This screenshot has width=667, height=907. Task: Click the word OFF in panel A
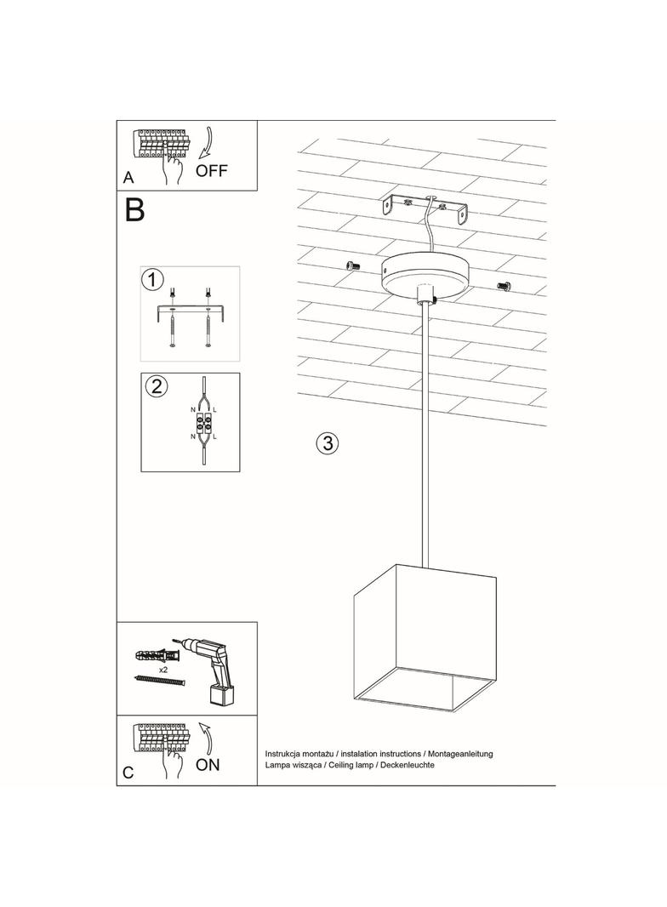click(212, 170)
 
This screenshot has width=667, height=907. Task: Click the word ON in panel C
click(208, 764)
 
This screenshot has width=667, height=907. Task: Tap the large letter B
click(134, 210)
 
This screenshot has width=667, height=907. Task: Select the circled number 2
click(156, 386)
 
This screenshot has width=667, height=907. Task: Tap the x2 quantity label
click(161, 670)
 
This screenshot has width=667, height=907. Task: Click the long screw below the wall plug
click(159, 682)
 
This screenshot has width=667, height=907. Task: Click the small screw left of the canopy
click(354, 267)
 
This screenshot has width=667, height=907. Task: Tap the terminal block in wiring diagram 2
click(204, 421)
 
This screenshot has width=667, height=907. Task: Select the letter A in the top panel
click(128, 178)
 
